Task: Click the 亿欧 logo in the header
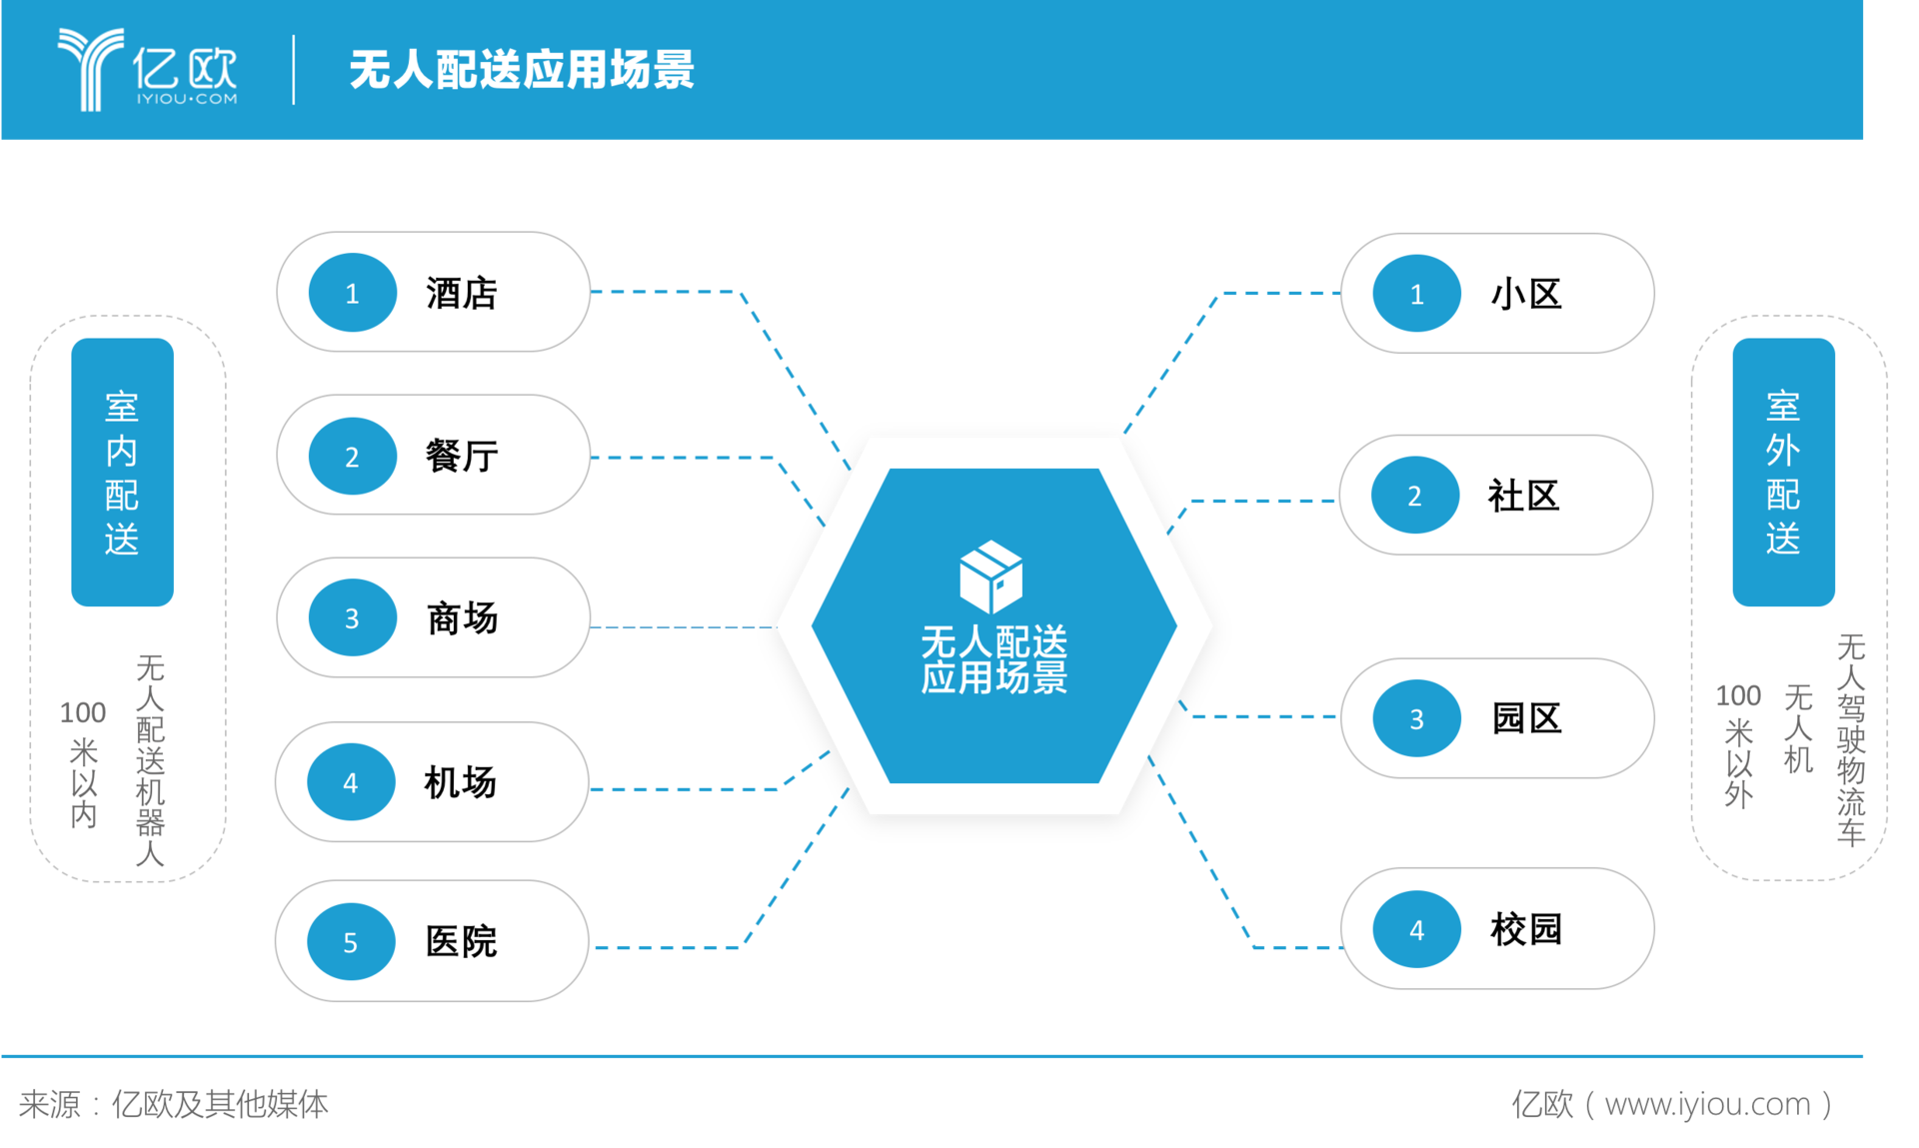(x=148, y=69)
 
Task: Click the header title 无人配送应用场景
(x=522, y=70)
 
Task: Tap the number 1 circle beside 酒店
(x=352, y=293)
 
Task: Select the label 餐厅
(x=462, y=457)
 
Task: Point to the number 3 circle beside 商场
(x=352, y=618)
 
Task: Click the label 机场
(x=460, y=782)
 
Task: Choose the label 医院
(x=461, y=941)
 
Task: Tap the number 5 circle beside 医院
(x=351, y=942)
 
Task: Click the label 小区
(x=1526, y=295)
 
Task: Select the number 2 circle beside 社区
(x=1415, y=496)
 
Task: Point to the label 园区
(x=1526, y=718)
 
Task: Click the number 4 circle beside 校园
(x=1417, y=930)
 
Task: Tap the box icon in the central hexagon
(x=990, y=576)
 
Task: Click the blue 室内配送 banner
(x=122, y=472)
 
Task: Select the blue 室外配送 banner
(x=1783, y=472)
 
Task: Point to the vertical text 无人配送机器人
(x=150, y=760)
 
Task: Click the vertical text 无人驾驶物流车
(x=1851, y=739)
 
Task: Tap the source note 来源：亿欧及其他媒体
(x=174, y=1104)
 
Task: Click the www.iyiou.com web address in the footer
(x=1707, y=1104)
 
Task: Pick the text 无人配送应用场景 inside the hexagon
(x=993, y=658)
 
